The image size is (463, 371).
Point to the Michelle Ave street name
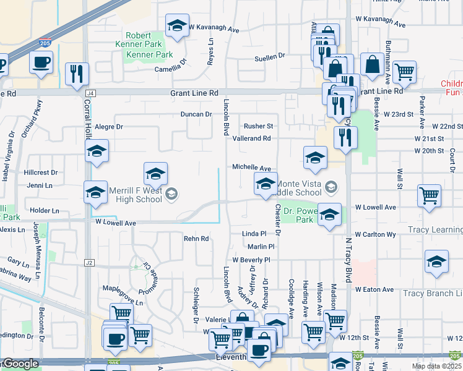pos(251,168)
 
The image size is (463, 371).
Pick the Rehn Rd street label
pos(196,239)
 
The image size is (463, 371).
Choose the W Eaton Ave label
pos(374,289)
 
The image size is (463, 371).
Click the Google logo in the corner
pos(20,364)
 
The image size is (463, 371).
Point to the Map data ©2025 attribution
pos(436,366)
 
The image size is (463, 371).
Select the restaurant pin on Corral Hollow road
pos(77,74)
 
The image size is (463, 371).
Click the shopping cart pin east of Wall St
pos(429,195)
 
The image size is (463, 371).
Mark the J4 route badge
pos(91,93)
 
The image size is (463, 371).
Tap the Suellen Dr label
pos(269,56)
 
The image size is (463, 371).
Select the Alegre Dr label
pos(109,127)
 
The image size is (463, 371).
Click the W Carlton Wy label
pos(375,235)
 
